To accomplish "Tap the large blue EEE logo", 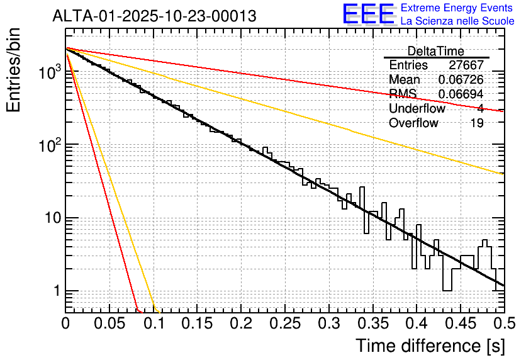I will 369,14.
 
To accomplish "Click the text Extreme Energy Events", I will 457,8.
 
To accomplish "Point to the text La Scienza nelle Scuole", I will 457,21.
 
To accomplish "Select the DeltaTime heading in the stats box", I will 436,51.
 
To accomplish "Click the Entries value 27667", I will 466,65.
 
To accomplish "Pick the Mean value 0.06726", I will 461,79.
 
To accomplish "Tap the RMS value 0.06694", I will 461,94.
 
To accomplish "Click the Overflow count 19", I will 477,123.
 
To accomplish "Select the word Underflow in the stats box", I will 417,108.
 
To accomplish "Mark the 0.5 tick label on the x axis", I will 503,323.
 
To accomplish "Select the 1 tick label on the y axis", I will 55,291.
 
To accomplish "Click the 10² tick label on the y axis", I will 48,145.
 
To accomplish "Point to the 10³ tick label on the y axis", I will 48,72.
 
